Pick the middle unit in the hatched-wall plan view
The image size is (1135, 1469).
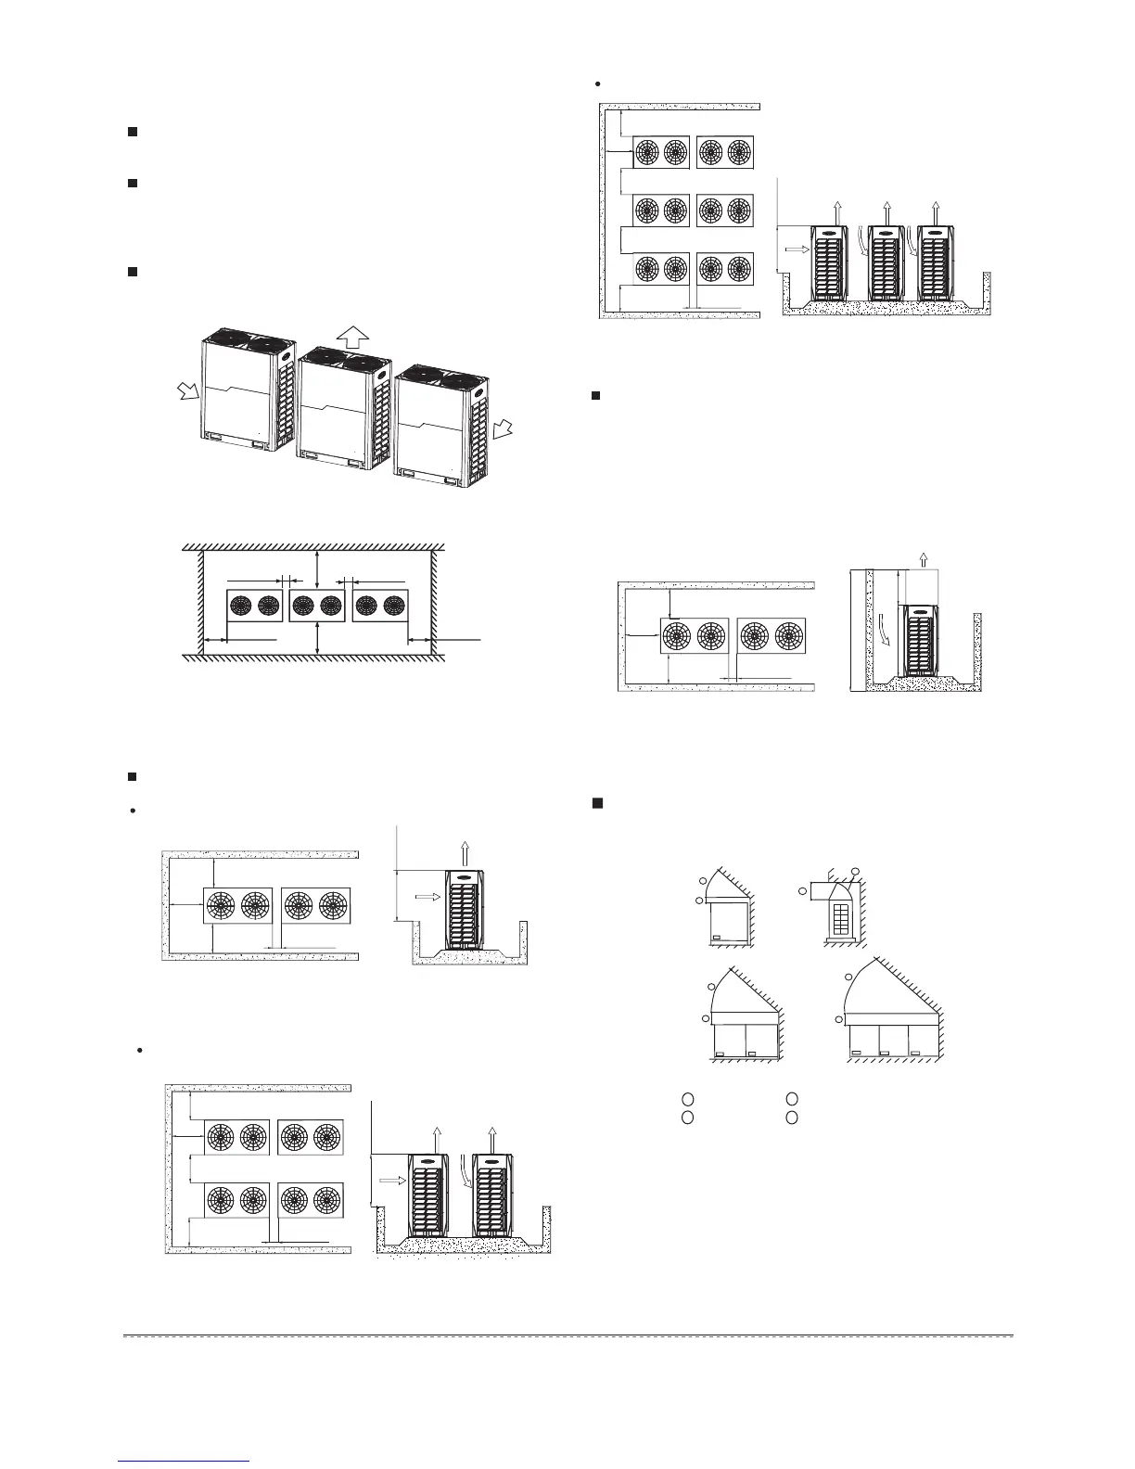pos(317,607)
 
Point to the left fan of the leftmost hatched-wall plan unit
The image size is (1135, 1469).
pos(241,607)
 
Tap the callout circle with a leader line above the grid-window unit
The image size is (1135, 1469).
pos(855,871)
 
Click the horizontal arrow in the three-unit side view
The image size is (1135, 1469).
pos(797,249)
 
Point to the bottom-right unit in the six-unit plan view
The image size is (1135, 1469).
pos(724,269)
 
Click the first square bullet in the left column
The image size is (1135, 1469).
pos(132,133)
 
